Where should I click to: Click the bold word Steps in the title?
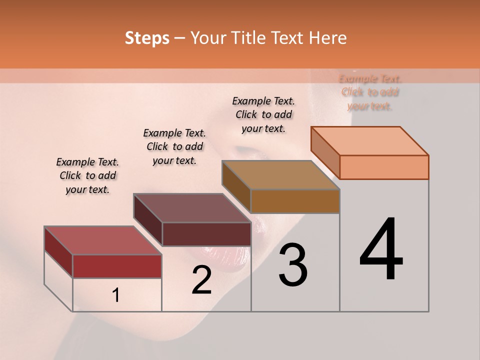pos(147,38)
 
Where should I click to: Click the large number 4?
pos(381,249)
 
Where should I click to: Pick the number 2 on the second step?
pos(201,280)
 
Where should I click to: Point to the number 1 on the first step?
pos(115,295)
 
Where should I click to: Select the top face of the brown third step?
pos(280,175)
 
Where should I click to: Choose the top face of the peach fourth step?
pos(369,141)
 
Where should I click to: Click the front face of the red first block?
pos(117,266)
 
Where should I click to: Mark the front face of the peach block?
pos(384,167)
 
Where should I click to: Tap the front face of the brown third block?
pos(295,201)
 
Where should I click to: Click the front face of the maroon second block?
pos(206,234)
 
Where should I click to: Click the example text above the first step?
pos(87,175)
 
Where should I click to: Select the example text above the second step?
pos(174,146)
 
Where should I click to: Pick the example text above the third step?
pos(263,114)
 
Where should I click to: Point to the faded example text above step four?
pos(370,92)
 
